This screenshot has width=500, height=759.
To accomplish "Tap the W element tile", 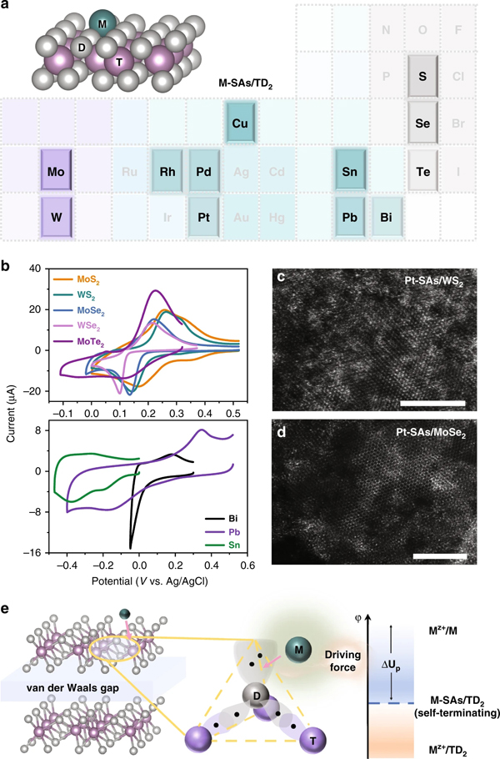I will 58,216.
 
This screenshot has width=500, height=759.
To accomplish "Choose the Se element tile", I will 423,122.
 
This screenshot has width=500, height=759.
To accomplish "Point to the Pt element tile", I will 204,216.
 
